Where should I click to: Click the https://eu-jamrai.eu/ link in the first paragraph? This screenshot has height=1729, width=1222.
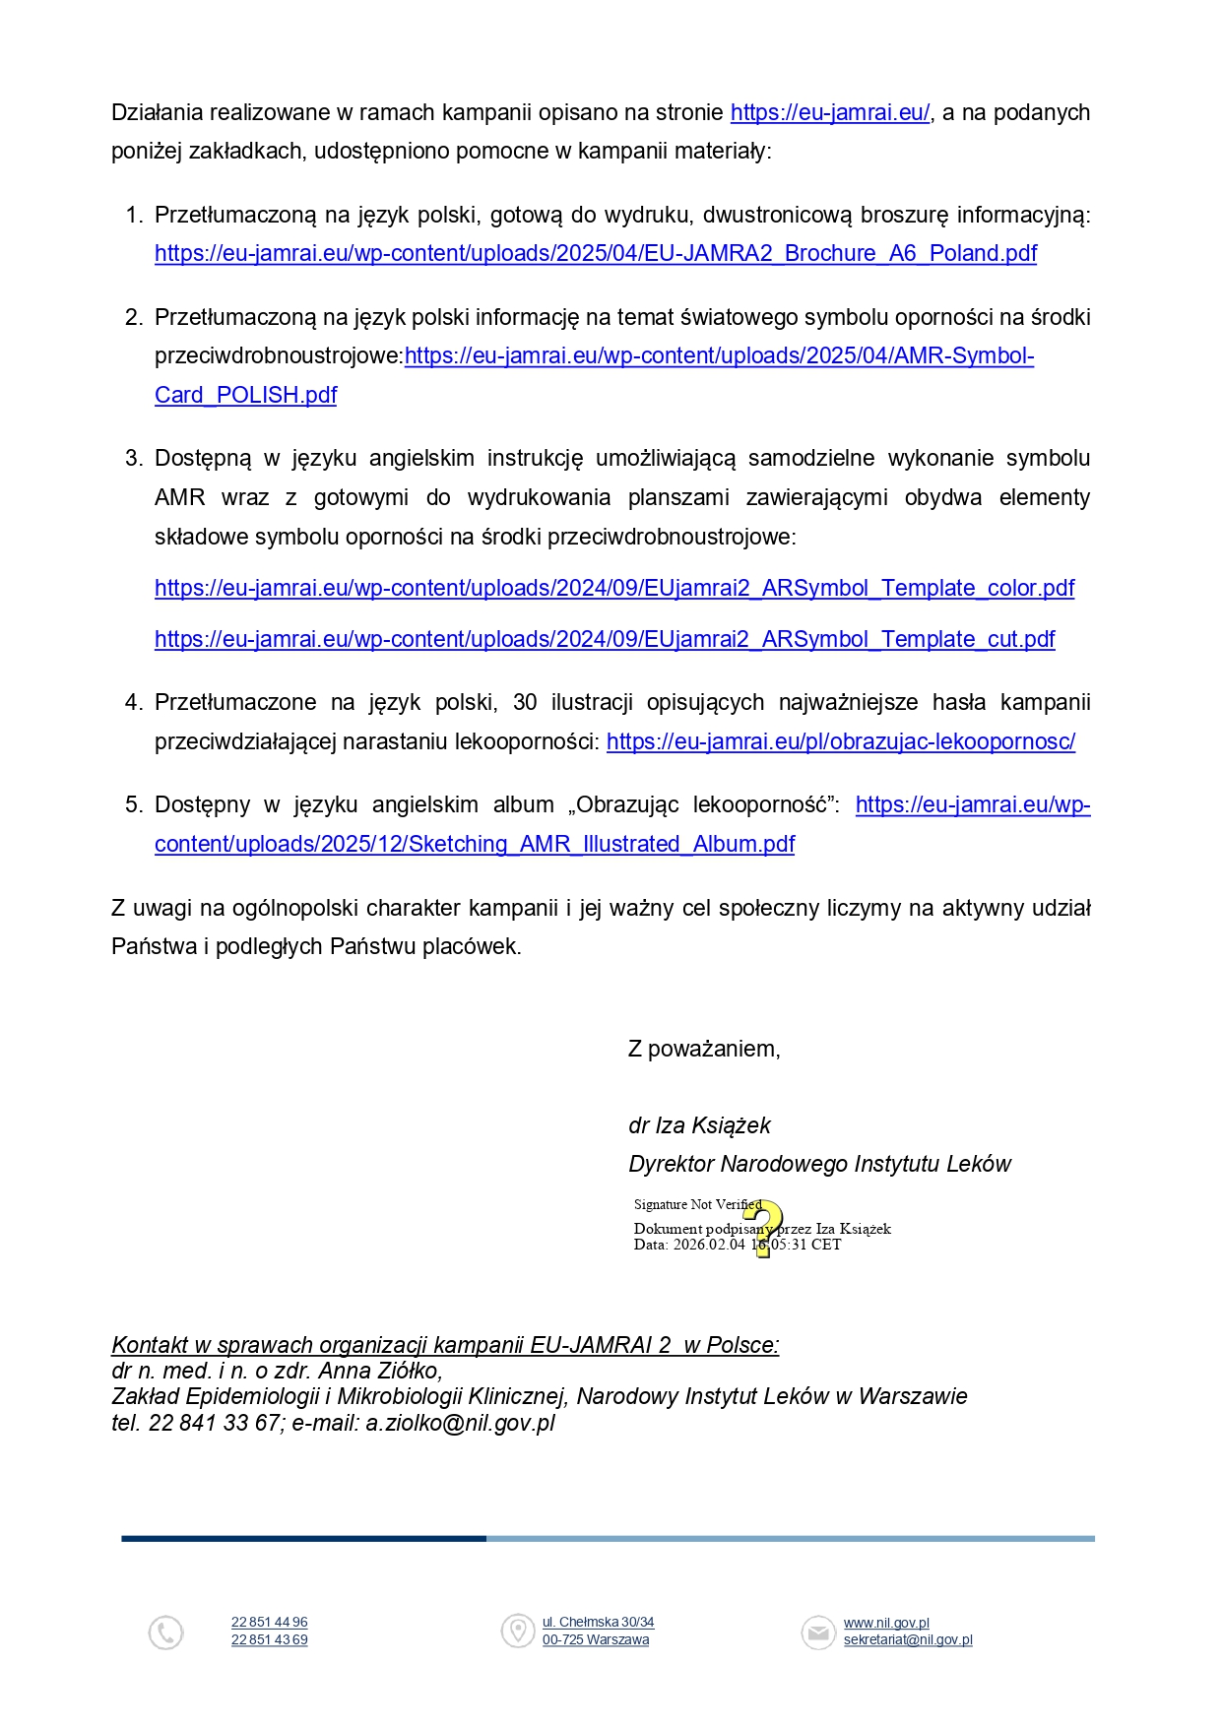(x=829, y=113)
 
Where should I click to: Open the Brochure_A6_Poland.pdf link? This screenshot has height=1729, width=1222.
(x=595, y=254)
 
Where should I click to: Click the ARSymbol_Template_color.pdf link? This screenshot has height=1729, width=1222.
(x=613, y=589)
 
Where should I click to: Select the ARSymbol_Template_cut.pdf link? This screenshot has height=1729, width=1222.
(x=604, y=640)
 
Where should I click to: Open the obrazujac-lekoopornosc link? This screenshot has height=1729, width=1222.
(x=840, y=742)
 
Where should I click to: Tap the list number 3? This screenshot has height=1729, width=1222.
(x=133, y=459)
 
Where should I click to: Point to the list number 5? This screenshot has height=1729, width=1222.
(x=133, y=805)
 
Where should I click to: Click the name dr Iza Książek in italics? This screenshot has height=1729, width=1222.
(x=699, y=1126)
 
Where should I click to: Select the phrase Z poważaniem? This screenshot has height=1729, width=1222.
(x=703, y=1050)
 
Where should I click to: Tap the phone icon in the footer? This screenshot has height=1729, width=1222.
(x=165, y=1633)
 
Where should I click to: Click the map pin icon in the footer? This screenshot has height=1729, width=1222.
(x=517, y=1631)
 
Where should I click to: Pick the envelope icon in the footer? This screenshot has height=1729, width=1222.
(x=817, y=1632)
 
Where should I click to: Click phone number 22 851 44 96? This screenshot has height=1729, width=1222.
(x=269, y=1623)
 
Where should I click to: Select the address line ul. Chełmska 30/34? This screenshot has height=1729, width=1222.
(x=598, y=1623)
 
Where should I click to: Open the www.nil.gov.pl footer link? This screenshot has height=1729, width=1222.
(x=886, y=1624)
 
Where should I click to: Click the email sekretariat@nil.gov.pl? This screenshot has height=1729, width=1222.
(x=907, y=1640)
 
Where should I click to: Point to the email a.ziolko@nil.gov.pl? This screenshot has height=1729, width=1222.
(x=460, y=1424)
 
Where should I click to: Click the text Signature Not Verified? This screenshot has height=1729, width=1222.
(x=697, y=1205)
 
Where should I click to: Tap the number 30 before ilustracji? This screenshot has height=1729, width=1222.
(x=525, y=703)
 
